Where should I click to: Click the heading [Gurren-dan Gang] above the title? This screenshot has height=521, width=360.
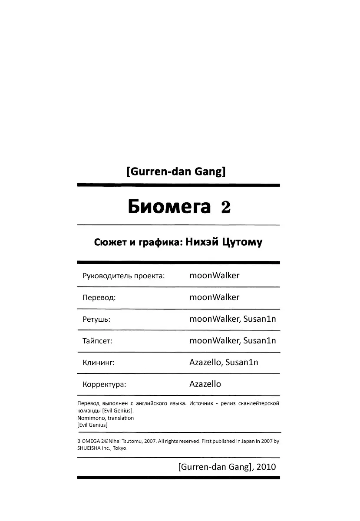(176, 172)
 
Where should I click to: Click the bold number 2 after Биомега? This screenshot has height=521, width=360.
(225, 208)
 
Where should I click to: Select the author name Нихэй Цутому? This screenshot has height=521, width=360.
(224, 242)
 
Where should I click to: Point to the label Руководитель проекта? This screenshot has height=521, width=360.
(123, 276)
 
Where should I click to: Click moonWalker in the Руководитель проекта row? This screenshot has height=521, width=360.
(214, 275)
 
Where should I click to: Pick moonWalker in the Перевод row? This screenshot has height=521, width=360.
(214, 297)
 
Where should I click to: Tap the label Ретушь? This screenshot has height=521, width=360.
(96, 320)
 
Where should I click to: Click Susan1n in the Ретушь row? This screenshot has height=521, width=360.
(260, 319)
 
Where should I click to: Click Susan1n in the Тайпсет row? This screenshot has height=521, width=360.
(260, 341)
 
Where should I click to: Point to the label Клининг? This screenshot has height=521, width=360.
(98, 363)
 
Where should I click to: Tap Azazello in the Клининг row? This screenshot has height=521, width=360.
(206, 362)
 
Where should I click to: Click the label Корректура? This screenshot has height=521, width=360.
(104, 385)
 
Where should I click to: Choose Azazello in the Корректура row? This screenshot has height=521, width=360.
(205, 384)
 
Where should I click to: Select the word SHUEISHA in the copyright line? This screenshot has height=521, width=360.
(89, 448)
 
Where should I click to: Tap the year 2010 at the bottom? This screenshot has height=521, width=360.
(266, 467)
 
